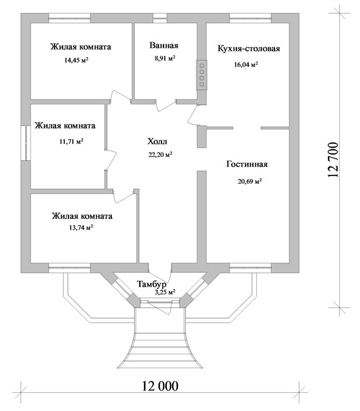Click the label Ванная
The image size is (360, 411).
[164, 45]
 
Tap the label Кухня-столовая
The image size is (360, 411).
[249, 49]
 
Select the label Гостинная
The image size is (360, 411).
[247, 164]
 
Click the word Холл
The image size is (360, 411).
[157, 142]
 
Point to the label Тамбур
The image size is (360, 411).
[151, 284]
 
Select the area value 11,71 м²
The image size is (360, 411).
[71, 142]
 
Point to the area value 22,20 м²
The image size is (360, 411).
[160, 155]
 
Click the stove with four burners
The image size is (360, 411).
[202, 74]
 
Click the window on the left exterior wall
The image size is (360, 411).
[25, 142]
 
